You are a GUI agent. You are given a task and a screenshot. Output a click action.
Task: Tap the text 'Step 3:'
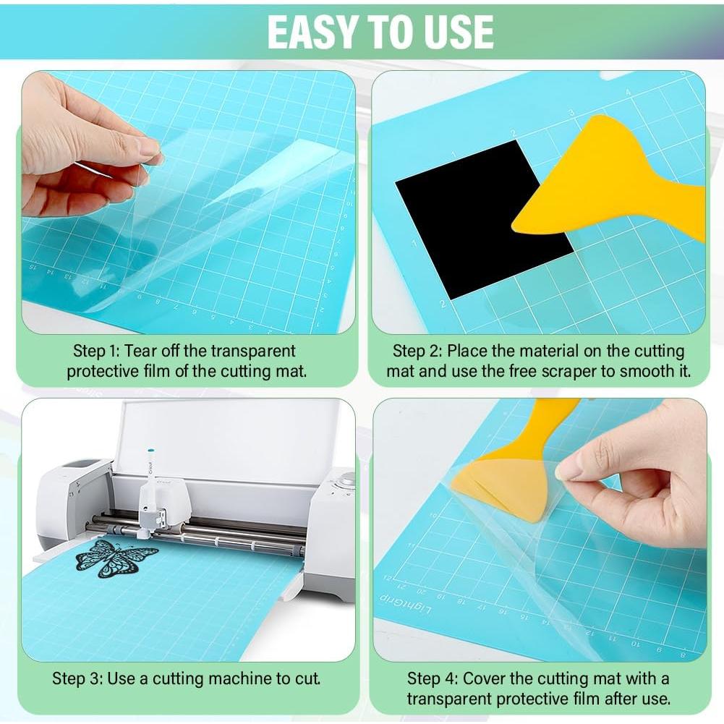tap(77, 678)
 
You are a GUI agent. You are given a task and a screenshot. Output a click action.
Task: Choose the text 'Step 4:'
tap(432, 678)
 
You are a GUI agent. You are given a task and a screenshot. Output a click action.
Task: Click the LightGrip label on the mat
tap(405, 604)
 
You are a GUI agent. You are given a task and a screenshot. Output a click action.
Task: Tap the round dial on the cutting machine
tap(347, 479)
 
